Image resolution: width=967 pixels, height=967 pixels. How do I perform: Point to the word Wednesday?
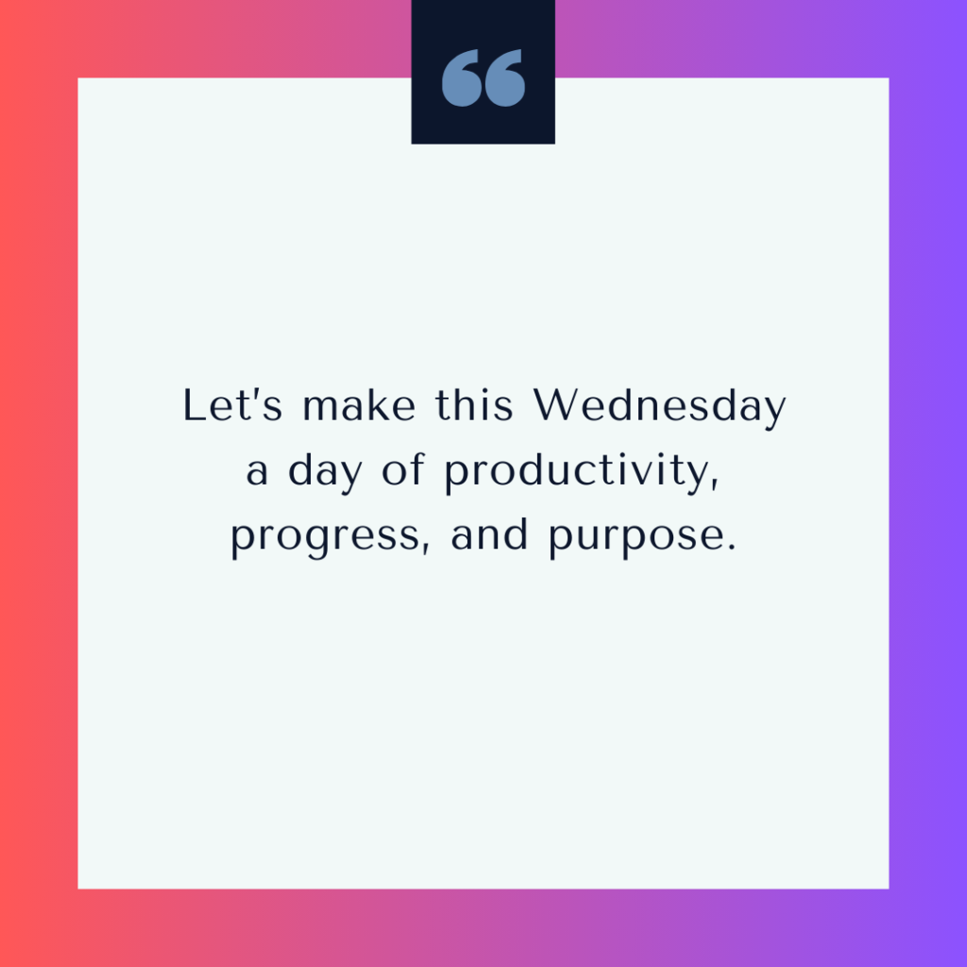[x=659, y=407]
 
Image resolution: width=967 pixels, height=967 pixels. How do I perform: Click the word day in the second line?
[x=325, y=472]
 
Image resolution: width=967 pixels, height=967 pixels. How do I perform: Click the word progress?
[x=325, y=537]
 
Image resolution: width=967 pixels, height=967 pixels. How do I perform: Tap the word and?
[x=490, y=534]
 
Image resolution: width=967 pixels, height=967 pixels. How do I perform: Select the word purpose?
[x=636, y=537]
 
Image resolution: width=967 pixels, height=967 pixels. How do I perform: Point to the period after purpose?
[x=732, y=547]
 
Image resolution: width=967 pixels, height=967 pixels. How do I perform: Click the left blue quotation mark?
[x=461, y=78]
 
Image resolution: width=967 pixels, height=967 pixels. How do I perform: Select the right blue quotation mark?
[x=504, y=78]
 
